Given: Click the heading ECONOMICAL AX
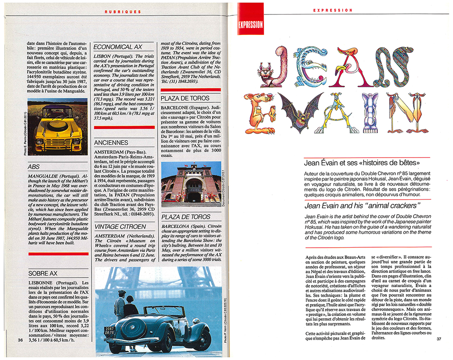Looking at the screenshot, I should pos(118,47).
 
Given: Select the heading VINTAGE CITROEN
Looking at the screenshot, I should pos(120,226).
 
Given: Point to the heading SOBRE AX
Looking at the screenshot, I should pos(43,273).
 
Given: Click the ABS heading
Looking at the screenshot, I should pos(34,167).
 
